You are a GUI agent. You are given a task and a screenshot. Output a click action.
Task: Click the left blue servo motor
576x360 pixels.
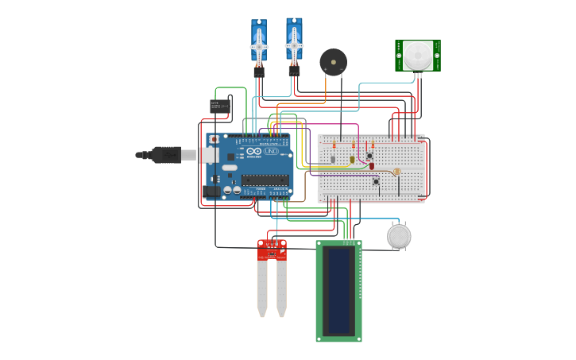point(259,44)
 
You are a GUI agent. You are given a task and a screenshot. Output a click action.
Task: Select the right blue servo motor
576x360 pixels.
point(294,41)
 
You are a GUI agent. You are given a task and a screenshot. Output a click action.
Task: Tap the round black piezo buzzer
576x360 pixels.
point(333,61)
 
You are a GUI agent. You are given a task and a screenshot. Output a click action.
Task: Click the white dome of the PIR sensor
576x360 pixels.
point(418,55)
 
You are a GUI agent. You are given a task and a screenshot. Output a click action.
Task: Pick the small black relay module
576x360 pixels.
point(220,106)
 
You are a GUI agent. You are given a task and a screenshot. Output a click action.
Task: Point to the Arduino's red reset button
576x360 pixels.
point(214,140)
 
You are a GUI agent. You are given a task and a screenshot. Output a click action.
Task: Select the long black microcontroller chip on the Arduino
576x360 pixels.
point(265,180)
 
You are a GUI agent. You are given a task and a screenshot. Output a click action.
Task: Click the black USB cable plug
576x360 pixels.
point(167,155)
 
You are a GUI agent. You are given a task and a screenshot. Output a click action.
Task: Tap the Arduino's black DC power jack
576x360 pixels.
point(212,191)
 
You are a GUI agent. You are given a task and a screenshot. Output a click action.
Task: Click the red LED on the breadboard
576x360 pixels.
point(371,165)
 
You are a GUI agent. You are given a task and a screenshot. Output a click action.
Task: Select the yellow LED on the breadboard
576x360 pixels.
point(352,160)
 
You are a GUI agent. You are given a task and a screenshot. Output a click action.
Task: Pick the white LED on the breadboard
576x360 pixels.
point(333,160)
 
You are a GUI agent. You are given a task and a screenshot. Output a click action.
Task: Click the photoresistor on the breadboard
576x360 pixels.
point(396,172)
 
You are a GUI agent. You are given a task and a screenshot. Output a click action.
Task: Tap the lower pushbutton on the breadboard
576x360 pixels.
point(376,182)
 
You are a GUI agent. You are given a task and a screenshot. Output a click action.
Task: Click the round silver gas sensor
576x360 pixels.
point(399,236)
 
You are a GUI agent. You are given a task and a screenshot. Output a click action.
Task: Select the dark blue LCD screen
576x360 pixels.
point(339,290)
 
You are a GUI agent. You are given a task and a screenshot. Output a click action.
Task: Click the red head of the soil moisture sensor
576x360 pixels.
point(272,250)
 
